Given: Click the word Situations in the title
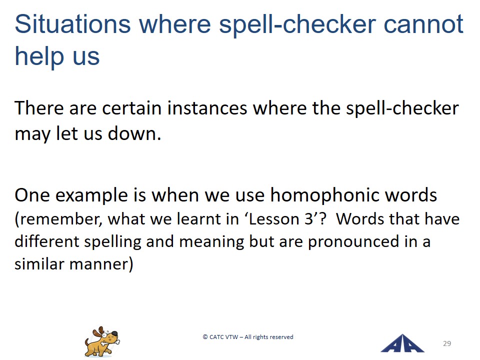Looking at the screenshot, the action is click(x=72, y=24).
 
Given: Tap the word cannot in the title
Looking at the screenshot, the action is click(x=423, y=24).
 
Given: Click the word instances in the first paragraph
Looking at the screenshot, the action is click(x=207, y=108).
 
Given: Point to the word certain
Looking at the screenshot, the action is click(x=131, y=108).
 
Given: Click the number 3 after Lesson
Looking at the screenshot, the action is click(x=308, y=219).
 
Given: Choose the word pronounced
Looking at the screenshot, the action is click(x=353, y=241).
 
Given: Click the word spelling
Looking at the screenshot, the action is click(x=112, y=241).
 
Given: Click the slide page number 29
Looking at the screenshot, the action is click(x=447, y=343).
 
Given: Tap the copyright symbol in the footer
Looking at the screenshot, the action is click(x=205, y=337).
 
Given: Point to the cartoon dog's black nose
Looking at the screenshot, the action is click(x=114, y=333).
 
